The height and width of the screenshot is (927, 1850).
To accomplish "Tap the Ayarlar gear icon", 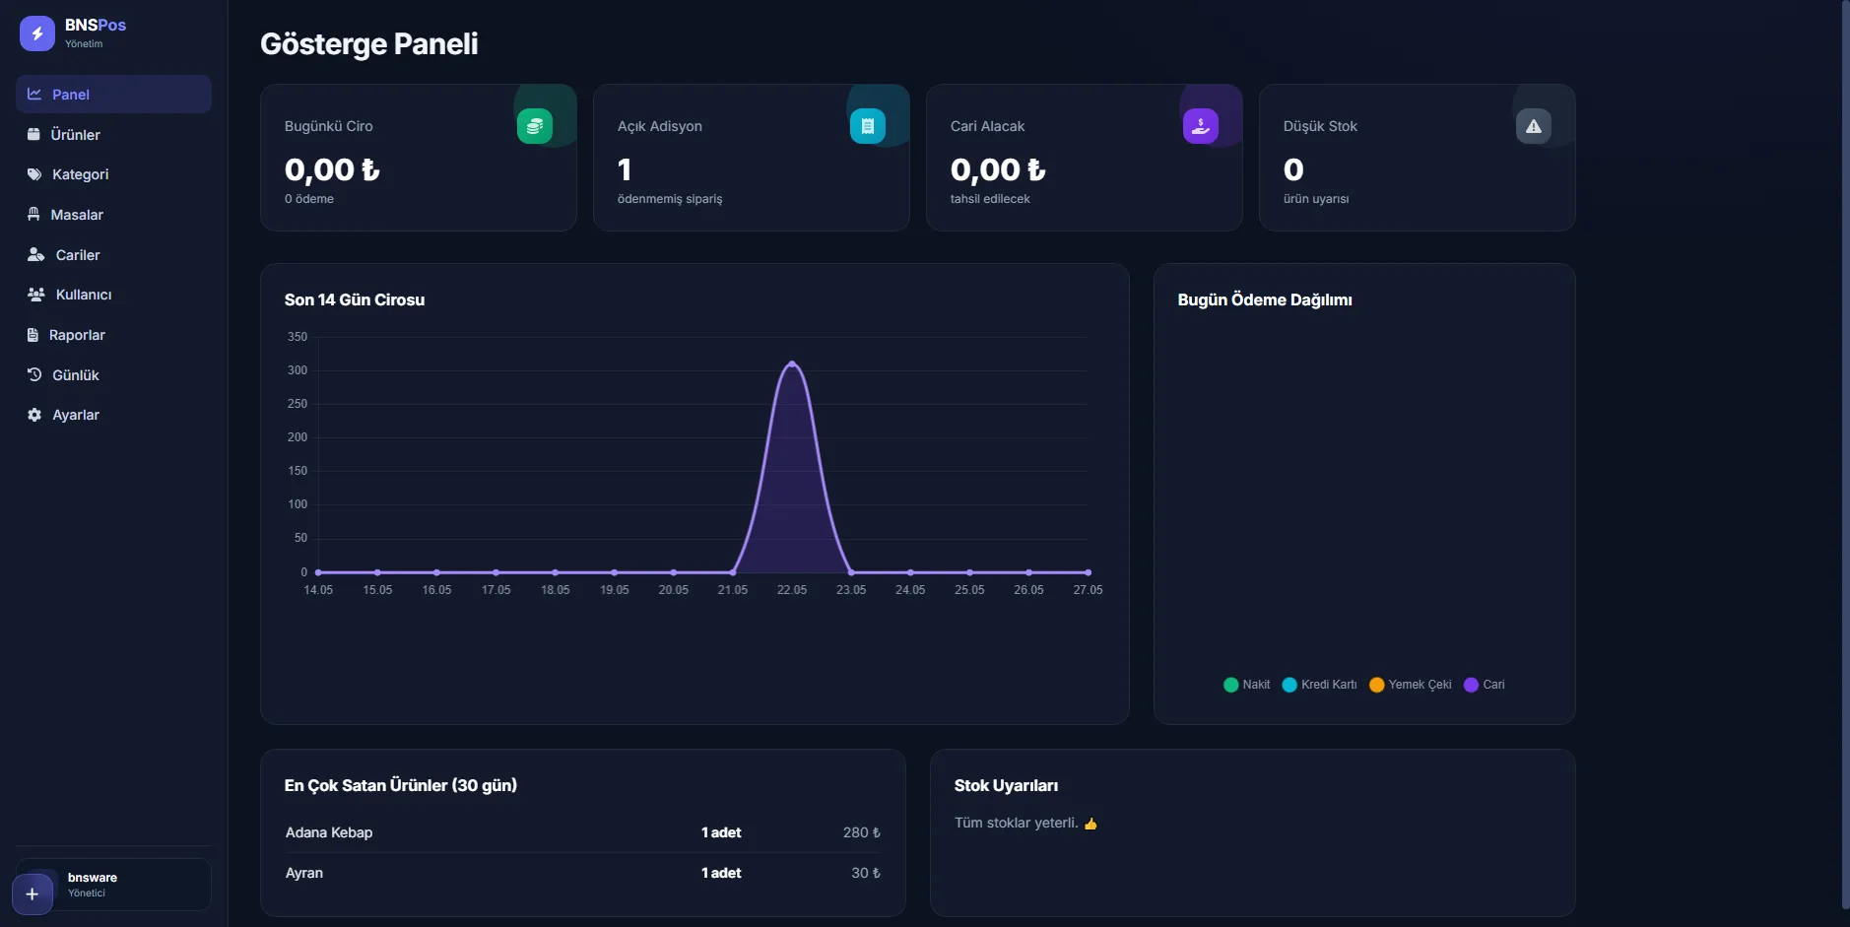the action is [34, 415].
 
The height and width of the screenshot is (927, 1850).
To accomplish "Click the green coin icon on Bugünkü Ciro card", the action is [535, 126].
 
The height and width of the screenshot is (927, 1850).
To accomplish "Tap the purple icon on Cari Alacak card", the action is [1201, 126].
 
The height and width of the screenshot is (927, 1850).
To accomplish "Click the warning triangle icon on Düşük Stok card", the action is [1534, 126].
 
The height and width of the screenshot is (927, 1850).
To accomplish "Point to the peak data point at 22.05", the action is [792, 364].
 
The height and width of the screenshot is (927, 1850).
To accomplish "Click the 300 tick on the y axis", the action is [297, 370].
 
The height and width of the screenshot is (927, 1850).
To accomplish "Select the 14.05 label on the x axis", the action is [318, 590].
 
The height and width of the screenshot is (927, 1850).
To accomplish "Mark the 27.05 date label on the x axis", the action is [1088, 590].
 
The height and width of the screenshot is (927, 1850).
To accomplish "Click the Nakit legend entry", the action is [1246, 685].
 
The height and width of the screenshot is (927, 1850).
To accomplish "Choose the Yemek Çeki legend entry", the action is [1410, 685].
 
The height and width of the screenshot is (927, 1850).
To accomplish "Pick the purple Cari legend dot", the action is [1471, 685].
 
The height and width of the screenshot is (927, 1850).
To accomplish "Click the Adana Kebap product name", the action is [329, 832].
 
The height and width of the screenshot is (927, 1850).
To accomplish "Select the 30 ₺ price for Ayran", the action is [866, 873].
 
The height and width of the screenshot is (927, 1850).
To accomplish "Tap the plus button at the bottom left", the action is [33, 894].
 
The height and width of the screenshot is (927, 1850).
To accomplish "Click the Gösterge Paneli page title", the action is [369, 43].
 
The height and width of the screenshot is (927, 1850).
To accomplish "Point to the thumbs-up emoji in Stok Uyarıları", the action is [1090, 824].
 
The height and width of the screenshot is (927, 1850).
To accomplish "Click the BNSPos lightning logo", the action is [37, 33].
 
